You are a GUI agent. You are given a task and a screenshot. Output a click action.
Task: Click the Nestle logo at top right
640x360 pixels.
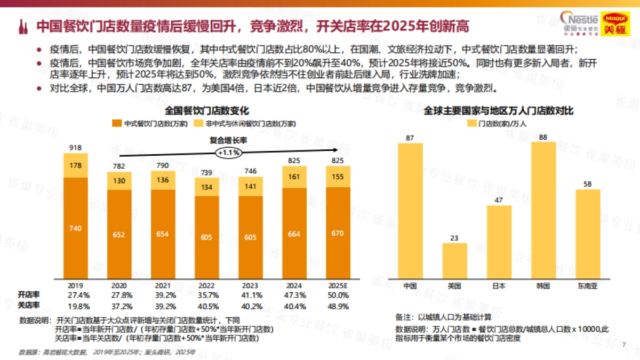[x=580, y=20]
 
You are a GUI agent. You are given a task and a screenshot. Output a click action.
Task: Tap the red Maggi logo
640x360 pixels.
[x=616, y=23]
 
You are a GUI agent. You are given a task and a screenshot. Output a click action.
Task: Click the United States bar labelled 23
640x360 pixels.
[x=455, y=260]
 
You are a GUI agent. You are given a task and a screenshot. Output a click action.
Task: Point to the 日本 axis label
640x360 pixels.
[x=499, y=285]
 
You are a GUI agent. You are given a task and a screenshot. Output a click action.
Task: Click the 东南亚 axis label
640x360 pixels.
[x=588, y=285]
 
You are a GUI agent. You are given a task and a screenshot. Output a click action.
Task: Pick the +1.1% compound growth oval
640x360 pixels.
[x=228, y=153]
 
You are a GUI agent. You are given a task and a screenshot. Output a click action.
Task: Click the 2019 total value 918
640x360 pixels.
[x=76, y=147]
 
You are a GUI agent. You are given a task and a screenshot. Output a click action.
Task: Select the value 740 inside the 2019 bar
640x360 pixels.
[x=76, y=228]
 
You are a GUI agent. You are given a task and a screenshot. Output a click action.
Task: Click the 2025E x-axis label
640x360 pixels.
[x=339, y=285]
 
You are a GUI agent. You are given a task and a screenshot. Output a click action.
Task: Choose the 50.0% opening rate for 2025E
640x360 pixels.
[x=339, y=294]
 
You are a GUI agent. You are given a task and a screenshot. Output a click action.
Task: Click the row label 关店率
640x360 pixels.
[x=29, y=306]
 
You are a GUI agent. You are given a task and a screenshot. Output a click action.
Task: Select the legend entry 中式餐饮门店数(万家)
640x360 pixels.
[x=150, y=123]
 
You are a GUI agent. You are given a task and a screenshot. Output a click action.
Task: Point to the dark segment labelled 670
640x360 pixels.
[x=339, y=233]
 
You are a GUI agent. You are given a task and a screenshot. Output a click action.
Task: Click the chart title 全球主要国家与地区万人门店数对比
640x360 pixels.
[x=499, y=110]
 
